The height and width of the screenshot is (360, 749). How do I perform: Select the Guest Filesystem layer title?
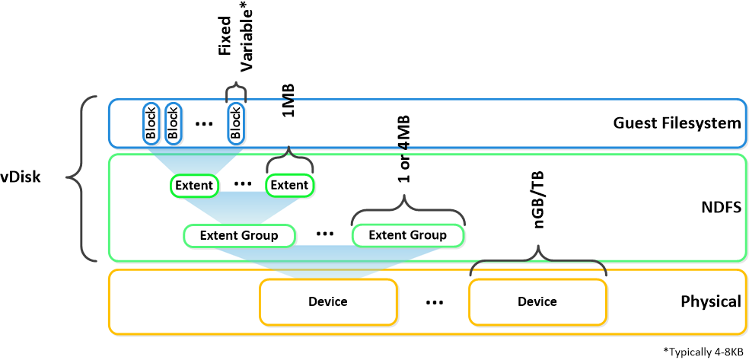coord(677,123)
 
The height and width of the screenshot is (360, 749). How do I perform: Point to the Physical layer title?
coord(709,301)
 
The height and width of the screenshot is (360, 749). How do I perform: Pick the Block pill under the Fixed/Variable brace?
coord(236,123)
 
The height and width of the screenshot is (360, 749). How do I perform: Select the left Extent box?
coord(193,185)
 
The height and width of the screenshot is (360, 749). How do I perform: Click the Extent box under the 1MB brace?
coord(289,185)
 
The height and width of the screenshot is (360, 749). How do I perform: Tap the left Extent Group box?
coord(239,235)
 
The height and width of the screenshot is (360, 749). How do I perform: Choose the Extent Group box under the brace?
coord(407,235)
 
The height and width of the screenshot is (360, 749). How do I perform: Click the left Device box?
coord(328,301)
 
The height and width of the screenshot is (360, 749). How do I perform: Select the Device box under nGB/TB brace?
coord(537,301)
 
